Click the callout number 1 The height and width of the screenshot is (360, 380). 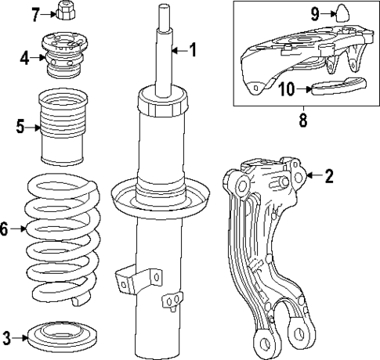193,51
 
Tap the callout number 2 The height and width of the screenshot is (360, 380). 329,176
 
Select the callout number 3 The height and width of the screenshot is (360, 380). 6,338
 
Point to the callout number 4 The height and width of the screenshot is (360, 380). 24,57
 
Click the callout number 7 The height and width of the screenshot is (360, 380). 34,13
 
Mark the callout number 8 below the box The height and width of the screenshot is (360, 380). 302,121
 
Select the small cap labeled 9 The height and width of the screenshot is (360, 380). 342,11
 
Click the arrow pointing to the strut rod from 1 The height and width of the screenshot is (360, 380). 177,51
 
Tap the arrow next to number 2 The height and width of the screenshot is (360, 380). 313,176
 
